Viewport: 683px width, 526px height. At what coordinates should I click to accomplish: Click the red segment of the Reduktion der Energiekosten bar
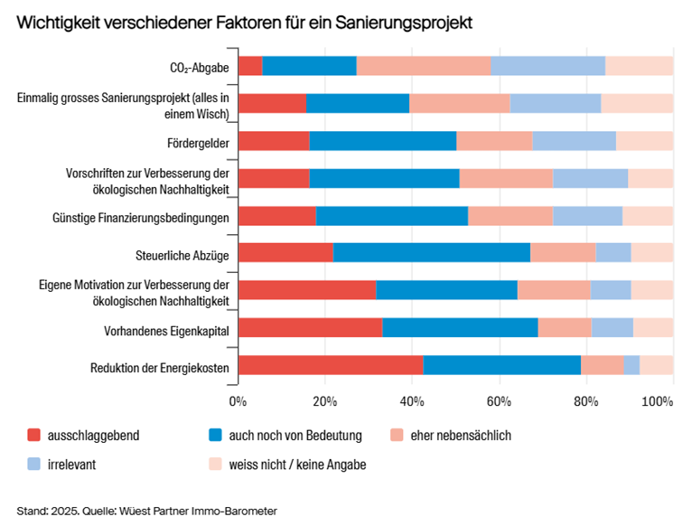[331, 365]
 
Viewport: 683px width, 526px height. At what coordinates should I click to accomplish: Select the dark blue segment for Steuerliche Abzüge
[432, 253]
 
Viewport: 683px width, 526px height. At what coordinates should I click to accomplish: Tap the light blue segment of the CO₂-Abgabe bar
[547, 66]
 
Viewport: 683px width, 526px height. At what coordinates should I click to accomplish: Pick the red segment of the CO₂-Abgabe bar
[249, 66]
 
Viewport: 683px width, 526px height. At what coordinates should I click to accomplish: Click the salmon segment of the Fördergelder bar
[494, 141]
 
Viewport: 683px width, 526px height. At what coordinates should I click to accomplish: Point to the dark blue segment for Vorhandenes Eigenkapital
[460, 328]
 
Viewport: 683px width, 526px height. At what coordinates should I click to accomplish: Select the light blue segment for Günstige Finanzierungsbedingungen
[587, 216]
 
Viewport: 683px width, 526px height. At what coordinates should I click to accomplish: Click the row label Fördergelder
[198, 142]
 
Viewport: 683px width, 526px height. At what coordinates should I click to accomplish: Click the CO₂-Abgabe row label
[200, 67]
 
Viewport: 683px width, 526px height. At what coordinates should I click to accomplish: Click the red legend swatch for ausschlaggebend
[36, 436]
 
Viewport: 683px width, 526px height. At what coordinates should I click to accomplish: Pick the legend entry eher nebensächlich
[461, 436]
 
